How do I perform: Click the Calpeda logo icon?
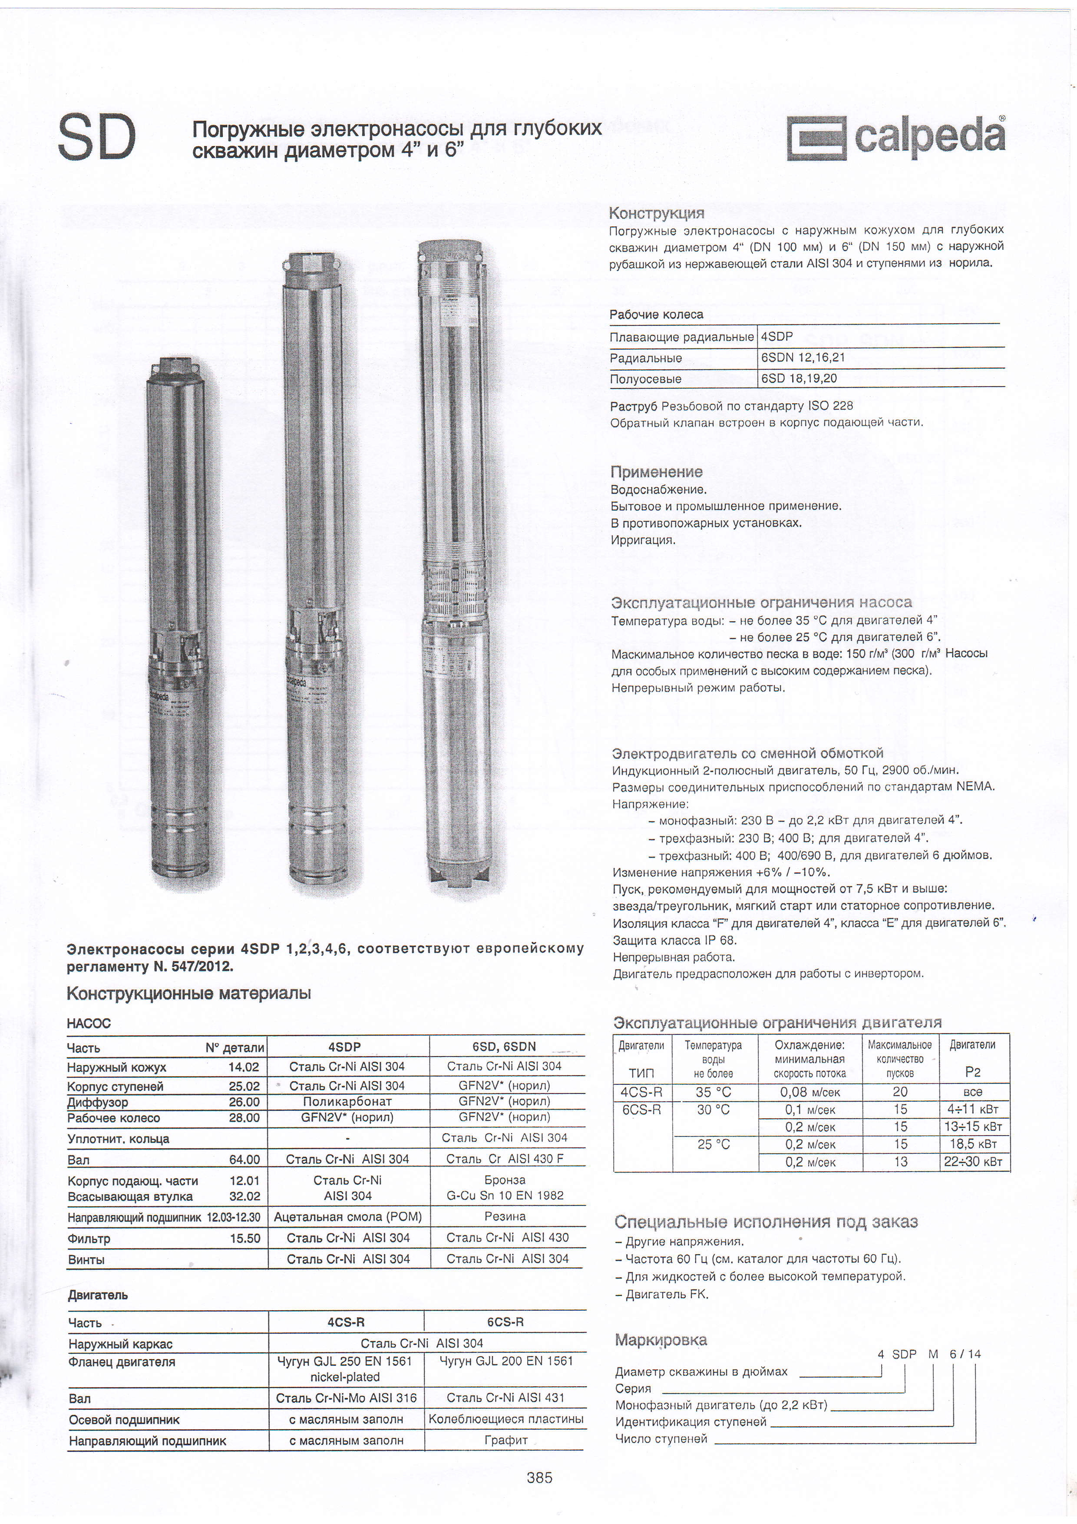[816, 138]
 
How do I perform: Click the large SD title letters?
[97, 137]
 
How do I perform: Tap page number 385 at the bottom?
[539, 1477]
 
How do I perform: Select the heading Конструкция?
[656, 213]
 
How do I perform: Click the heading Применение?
[656, 472]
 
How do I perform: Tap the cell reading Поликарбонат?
[347, 1101]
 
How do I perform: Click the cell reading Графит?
[505, 1440]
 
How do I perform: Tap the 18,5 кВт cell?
[973, 1144]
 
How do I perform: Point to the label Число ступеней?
[661, 1438]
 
